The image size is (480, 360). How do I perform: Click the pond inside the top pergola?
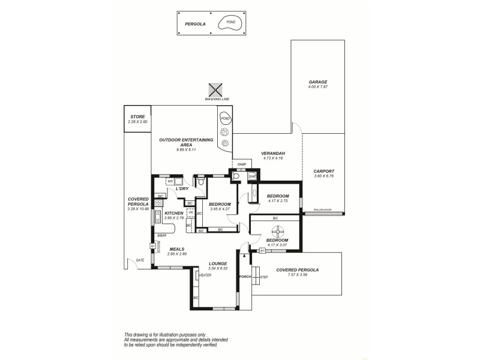[229, 24]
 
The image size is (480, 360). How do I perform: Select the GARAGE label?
[317, 82]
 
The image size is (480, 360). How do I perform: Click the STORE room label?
[137, 118]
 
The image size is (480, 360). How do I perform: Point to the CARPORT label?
[323, 171]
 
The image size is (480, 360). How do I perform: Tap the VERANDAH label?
[272, 154]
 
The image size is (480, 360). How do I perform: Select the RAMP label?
[242, 164]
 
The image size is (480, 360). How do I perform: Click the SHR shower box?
[252, 176]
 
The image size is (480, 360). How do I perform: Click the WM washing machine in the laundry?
[170, 181]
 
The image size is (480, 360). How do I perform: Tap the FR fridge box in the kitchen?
[190, 212]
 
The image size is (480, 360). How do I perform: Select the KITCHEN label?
[173, 214]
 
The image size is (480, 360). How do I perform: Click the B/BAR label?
[162, 236]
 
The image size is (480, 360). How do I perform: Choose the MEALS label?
[177, 248]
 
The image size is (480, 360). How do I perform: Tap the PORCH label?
[244, 277]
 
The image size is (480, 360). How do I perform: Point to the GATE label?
[140, 260]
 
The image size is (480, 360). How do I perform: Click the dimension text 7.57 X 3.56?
[297, 275]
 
